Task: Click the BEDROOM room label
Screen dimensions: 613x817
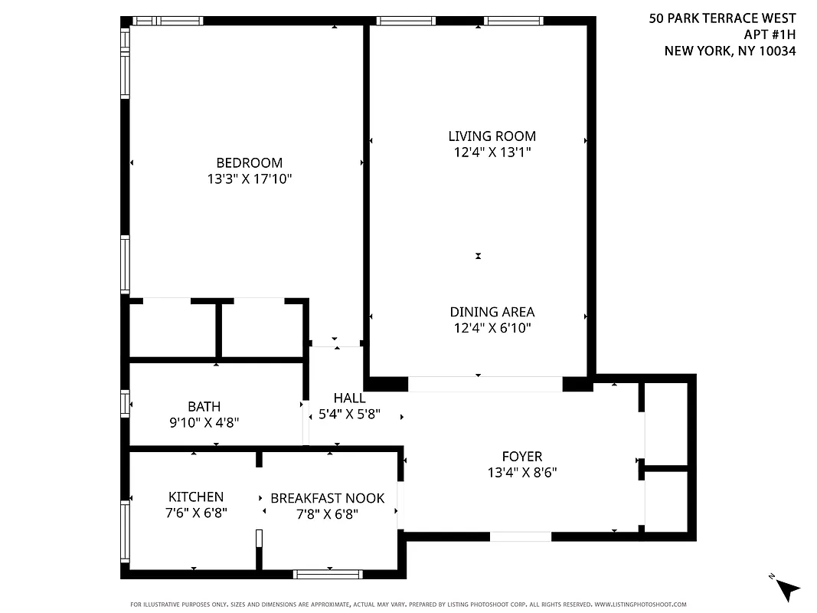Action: coord(249,162)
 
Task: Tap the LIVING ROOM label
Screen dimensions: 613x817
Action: coord(492,136)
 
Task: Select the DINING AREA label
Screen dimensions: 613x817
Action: coord(492,312)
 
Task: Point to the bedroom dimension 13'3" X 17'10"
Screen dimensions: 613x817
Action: coord(249,179)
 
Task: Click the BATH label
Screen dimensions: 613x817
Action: coord(204,406)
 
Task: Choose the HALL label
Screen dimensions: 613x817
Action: coord(349,398)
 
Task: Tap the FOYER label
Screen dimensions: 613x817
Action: coord(521,457)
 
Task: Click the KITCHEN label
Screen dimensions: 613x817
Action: coord(196,497)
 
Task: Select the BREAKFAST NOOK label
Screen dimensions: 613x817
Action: coord(327,498)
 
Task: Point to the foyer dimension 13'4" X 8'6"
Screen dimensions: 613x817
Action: coord(521,473)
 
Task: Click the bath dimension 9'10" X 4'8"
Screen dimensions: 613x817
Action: coord(204,422)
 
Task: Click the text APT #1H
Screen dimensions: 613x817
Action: coord(770,34)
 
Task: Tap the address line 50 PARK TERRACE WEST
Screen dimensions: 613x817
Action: coord(722,18)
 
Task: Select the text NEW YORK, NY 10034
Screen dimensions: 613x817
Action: coord(730,51)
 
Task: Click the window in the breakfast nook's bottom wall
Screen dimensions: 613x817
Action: coord(328,573)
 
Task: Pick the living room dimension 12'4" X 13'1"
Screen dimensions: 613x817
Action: coord(492,152)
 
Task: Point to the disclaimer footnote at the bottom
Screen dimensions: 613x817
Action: coord(408,604)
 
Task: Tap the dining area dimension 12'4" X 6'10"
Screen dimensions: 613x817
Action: coord(492,329)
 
